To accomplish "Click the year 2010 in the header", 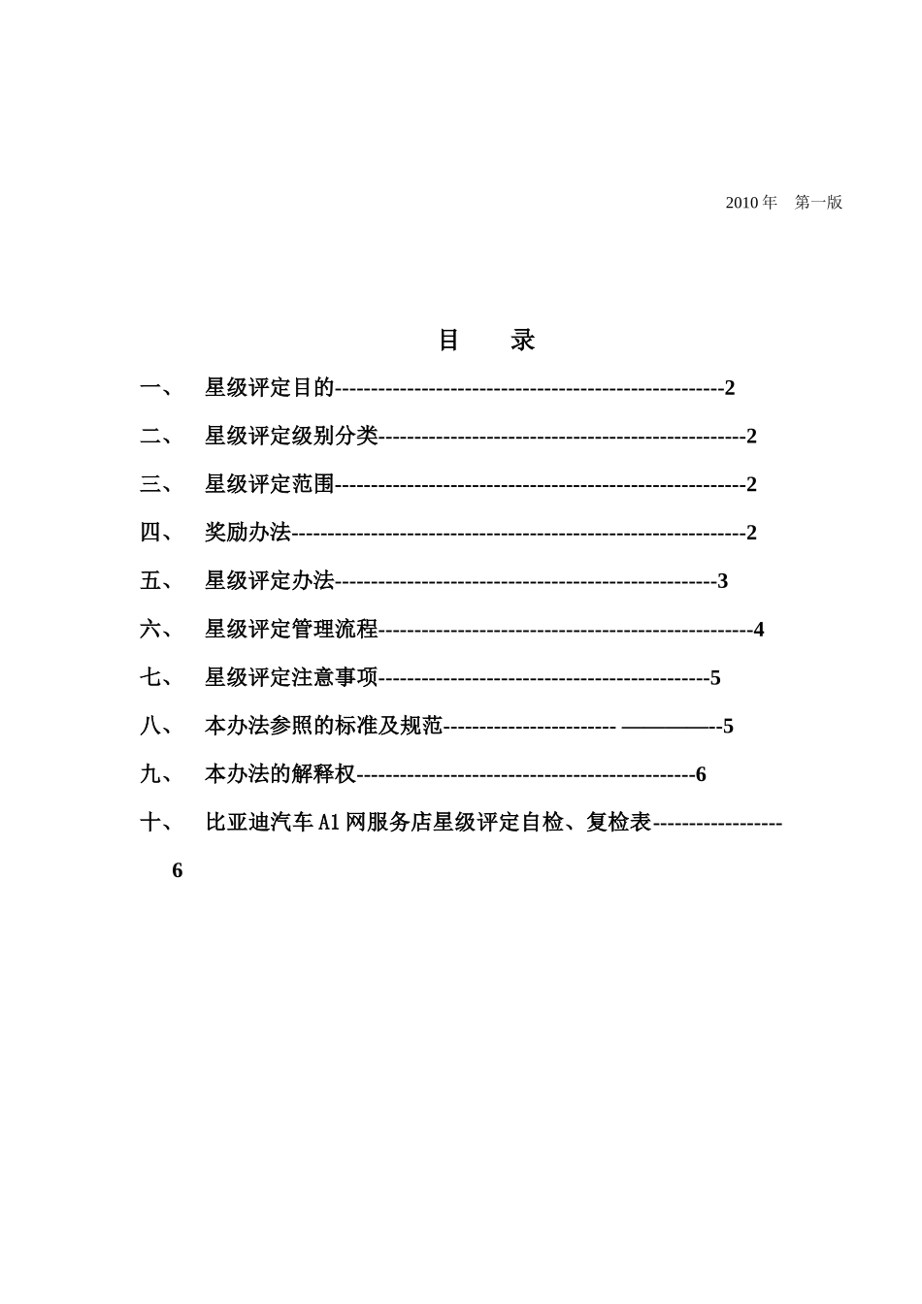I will click(742, 203).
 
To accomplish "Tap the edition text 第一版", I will click(818, 203).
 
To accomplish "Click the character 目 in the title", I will click(448, 340).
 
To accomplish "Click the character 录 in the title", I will click(523, 340).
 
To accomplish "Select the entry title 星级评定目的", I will click(269, 388).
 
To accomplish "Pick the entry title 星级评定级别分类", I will click(291, 437).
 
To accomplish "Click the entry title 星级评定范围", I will click(269, 484).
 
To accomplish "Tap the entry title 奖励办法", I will click(247, 533).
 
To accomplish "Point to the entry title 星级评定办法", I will click(269, 581).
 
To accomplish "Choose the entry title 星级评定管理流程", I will click(291, 630).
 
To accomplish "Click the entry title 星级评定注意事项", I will click(291, 677).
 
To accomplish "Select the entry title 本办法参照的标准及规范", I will click(323, 726).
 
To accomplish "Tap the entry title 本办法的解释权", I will click(280, 774).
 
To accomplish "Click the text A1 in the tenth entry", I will click(329, 823).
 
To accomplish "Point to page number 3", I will click(722, 581).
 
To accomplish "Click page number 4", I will click(759, 630).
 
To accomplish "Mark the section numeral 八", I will click(150, 726).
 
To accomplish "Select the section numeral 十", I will click(150, 823).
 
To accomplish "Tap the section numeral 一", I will click(150, 388).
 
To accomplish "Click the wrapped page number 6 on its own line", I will click(178, 870).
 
